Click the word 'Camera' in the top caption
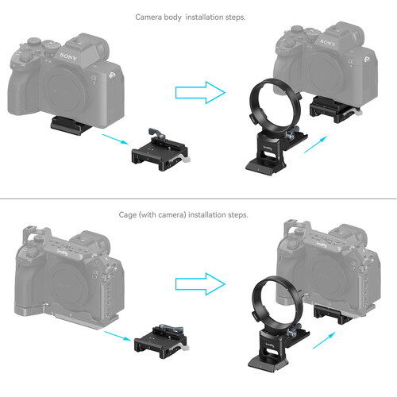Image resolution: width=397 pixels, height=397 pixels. pos(152,17)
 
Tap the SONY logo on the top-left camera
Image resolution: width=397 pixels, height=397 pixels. pos(69,57)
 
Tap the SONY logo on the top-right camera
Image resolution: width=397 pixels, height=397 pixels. pos(331,57)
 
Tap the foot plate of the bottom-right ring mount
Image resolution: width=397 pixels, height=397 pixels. pos(272,361)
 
